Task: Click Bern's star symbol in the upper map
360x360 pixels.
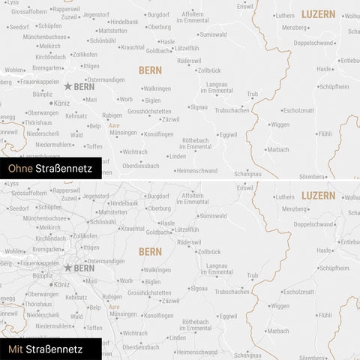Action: point(68,87)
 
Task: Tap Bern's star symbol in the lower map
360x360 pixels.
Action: point(68,268)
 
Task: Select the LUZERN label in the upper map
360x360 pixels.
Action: point(319,14)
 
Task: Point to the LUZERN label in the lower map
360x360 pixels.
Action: point(319,195)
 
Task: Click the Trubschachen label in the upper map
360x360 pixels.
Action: point(232,110)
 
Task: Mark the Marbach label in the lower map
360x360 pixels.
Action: point(277,331)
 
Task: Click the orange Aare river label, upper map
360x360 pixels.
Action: point(114,125)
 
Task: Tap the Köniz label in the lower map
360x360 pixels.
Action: point(63,283)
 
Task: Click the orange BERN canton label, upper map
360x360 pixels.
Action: point(150,70)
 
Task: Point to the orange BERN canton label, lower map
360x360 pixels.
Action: point(150,251)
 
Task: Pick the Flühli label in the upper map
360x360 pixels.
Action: point(324,133)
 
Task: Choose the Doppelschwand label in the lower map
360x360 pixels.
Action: point(313,224)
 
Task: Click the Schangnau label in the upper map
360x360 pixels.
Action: point(247,173)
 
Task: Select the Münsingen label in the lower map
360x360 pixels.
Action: point(123,313)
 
